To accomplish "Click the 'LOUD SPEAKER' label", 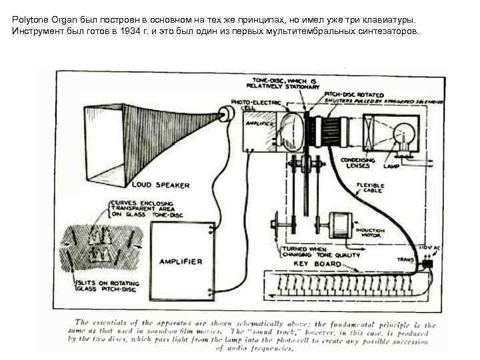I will click(x=161, y=185).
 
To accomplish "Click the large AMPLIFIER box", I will click(x=180, y=261).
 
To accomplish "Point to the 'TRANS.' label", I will click(x=405, y=260).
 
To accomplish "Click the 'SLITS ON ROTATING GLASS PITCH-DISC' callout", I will click(x=109, y=287).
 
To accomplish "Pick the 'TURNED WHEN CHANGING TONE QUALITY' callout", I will click(x=318, y=251).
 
